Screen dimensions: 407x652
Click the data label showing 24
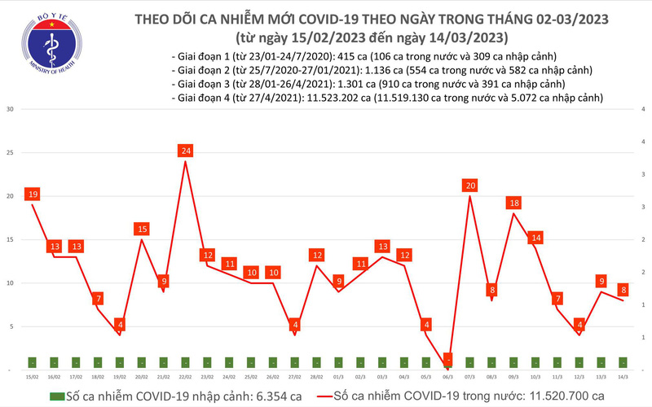[186, 151]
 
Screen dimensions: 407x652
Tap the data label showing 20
[469, 186]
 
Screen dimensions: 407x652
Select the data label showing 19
[33, 195]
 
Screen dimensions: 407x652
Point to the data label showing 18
[513, 203]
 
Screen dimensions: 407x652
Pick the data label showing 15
[143, 230]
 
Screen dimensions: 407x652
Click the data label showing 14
[535, 238]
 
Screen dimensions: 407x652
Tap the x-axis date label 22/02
[186, 378]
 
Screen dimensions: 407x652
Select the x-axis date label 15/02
[33, 378]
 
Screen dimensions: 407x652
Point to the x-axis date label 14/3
[623, 378]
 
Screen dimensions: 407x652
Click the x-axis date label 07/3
[469, 378]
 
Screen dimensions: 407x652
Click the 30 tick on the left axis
[9, 109]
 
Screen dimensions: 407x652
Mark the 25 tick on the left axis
[9, 153]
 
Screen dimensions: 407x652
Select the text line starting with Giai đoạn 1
[364, 57]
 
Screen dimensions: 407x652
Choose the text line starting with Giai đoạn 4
[389, 98]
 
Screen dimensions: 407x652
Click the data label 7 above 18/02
[99, 299]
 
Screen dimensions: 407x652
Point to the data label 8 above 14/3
[623, 289]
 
